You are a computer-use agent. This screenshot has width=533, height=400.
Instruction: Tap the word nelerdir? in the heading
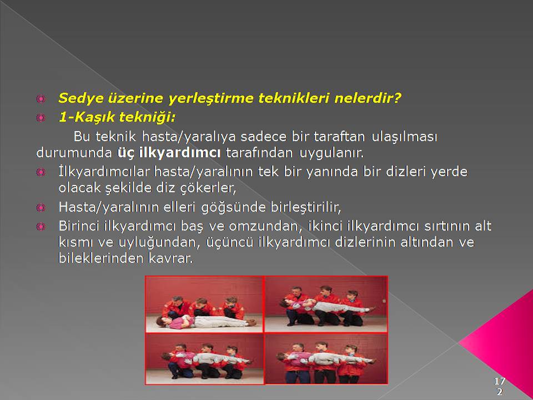(x=368, y=98)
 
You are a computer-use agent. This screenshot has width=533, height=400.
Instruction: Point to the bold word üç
(x=126, y=153)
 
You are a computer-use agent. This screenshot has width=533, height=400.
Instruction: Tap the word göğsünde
(x=234, y=207)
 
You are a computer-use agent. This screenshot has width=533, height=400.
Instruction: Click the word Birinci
(x=79, y=226)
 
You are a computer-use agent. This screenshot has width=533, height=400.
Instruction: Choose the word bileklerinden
(x=101, y=258)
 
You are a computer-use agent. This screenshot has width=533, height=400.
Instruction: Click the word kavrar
(x=170, y=258)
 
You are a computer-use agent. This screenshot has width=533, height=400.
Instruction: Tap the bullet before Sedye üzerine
(x=41, y=99)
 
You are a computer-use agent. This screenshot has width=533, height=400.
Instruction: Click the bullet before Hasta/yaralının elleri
(x=41, y=207)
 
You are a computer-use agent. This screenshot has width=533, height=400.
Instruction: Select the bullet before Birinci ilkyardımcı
(x=41, y=227)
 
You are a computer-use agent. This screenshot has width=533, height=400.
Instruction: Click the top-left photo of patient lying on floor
(x=204, y=304)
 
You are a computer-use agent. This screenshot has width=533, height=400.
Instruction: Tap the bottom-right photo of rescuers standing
(x=326, y=359)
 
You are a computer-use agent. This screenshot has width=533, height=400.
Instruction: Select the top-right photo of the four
(x=326, y=304)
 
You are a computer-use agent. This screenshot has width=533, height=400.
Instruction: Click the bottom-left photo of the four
(x=204, y=359)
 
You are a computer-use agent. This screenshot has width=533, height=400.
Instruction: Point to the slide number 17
(x=500, y=381)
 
